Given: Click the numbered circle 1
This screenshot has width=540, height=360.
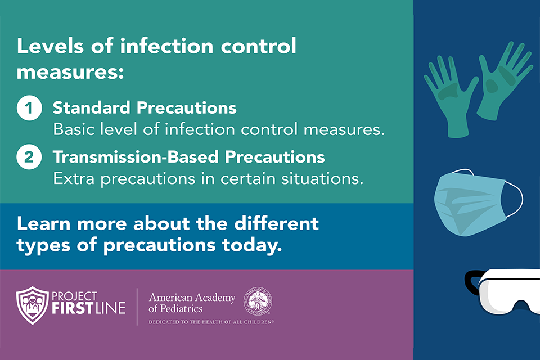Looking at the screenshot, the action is pyautogui.click(x=29, y=108).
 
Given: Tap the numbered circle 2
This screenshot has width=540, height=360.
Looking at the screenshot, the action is pyautogui.click(x=29, y=157).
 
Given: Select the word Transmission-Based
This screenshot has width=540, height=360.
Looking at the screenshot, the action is pyautogui.click(x=136, y=157).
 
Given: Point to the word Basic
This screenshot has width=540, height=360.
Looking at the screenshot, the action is pyautogui.click(x=74, y=129).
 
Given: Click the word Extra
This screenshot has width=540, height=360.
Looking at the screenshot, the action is pyautogui.click(x=74, y=178).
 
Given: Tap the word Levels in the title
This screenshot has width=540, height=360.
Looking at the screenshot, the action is pyautogui.click(x=50, y=46).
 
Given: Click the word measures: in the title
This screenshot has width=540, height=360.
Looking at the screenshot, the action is pyautogui.click(x=70, y=72).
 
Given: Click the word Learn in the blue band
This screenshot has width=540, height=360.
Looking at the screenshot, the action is pyautogui.click(x=44, y=223).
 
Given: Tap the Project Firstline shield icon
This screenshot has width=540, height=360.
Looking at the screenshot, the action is pyautogui.click(x=33, y=305).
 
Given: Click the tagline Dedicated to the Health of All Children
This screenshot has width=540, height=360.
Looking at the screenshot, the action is pyautogui.click(x=211, y=322).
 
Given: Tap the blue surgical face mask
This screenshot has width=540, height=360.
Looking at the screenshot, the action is pyautogui.click(x=470, y=203).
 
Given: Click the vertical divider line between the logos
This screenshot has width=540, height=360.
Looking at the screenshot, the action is pyautogui.click(x=137, y=307).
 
